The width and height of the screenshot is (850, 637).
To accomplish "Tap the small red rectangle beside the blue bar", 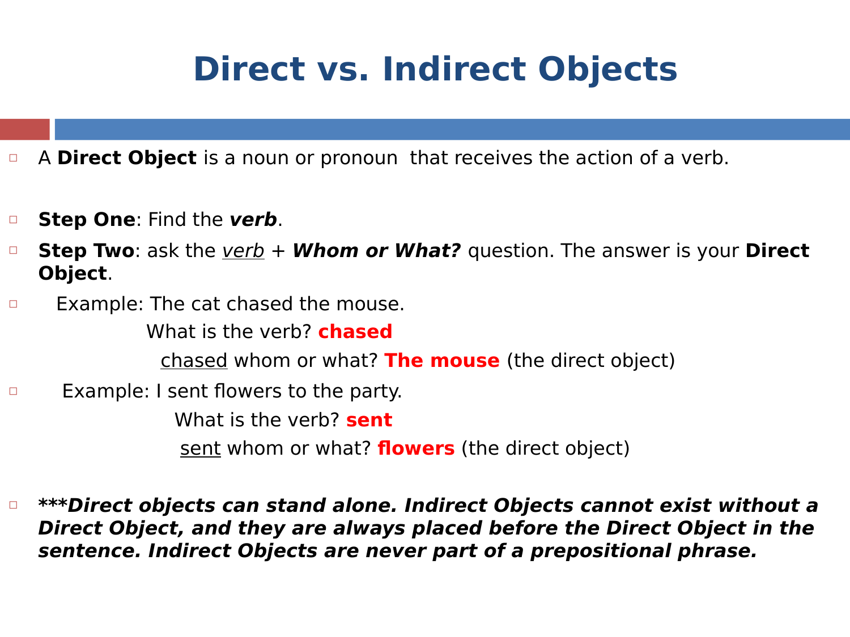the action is pyautogui.click(x=25, y=129).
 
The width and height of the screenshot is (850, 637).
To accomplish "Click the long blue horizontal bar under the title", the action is pyautogui.click(x=452, y=129).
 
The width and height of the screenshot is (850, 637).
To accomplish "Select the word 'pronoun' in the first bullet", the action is pyautogui.click(x=359, y=159).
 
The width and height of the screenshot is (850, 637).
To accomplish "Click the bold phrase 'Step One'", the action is pyautogui.click(x=87, y=219).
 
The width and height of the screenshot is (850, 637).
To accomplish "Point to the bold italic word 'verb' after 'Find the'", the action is pyautogui.click(x=253, y=219).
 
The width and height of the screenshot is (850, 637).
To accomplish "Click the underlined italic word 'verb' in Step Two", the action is pyautogui.click(x=243, y=251).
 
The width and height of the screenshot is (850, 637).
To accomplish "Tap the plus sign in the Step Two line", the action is pyautogui.click(x=278, y=251).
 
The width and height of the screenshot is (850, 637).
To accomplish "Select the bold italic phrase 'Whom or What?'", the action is pyautogui.click(x=376, y=251).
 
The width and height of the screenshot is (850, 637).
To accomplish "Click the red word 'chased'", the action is pyautogui.click(x=355, y=331).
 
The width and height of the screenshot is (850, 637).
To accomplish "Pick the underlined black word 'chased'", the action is pyautogui.click(x=194, y=361).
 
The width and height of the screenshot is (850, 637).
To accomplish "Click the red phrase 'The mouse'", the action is pyautogui.click(x=442, y=361).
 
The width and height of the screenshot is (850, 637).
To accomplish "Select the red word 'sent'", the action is pyautogui.click(x=369, y=420).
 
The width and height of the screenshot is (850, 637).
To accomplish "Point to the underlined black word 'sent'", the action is pyautogui.click(x=201, y=448).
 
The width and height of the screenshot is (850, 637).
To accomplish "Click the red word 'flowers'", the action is pyautogui.click(x=416, y=448).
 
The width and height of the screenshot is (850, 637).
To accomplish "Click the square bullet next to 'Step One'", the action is pyautogui.click(x=13, y=220).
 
